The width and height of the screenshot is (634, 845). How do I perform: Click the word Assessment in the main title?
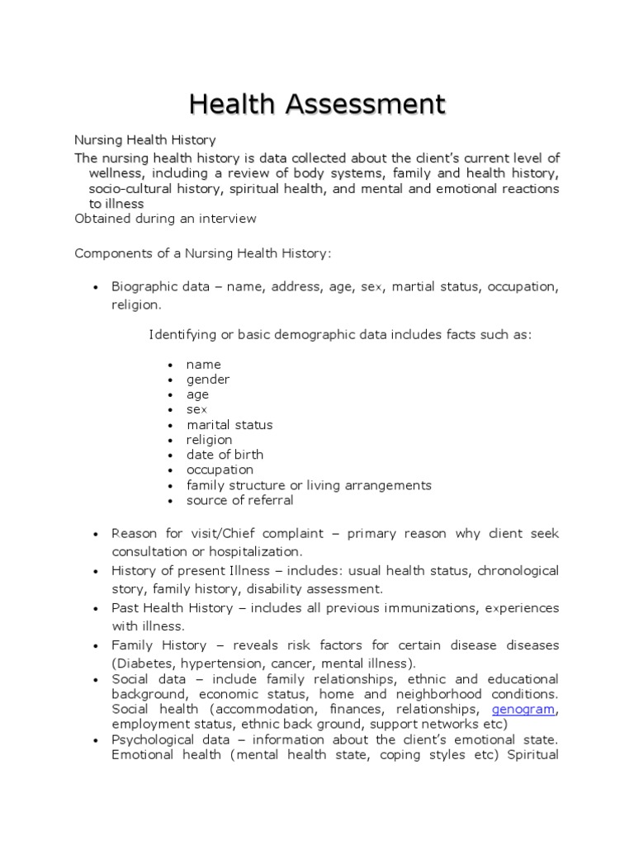tap(363, 105)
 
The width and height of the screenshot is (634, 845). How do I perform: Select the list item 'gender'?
tap(208, 380)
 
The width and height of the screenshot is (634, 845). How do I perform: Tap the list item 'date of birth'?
tap(225, 455)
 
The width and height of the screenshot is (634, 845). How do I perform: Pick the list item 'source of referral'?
tap(239, 500)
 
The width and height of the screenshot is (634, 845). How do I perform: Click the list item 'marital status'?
tap(229, 425)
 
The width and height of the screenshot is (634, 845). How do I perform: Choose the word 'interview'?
tap(226, 219)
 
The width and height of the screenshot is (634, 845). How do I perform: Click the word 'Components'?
tap(109, 253)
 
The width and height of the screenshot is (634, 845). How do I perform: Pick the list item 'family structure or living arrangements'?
tap(309, 485)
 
